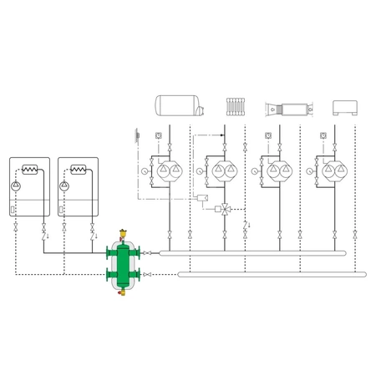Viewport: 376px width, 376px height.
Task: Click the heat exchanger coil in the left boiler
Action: pyautogui.click(x=31, y=170)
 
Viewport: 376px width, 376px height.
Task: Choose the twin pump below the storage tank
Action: pyautogui.click(x=168, y=173)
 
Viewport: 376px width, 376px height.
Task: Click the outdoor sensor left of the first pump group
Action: pyautogui.click(x=135, y=134)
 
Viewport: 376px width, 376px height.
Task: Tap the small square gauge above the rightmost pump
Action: pyautogui.click(x=321, y=134)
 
